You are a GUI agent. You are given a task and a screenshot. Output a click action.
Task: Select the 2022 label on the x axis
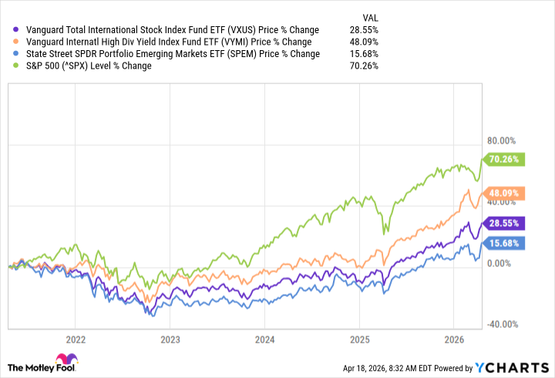(x=76, y=339)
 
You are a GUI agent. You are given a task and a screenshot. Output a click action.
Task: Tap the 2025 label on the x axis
(x=359, y=339)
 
